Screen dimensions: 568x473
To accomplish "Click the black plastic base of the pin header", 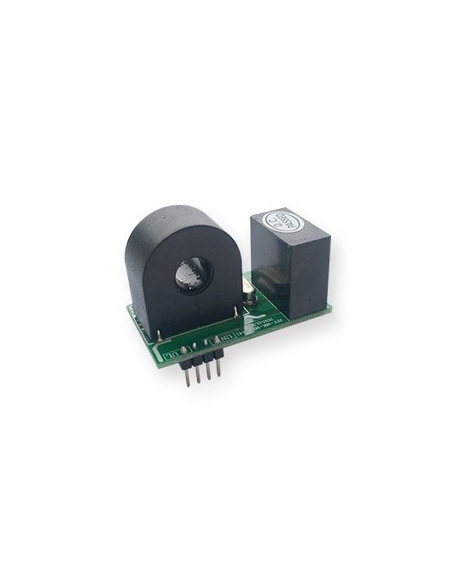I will point(200,353).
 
